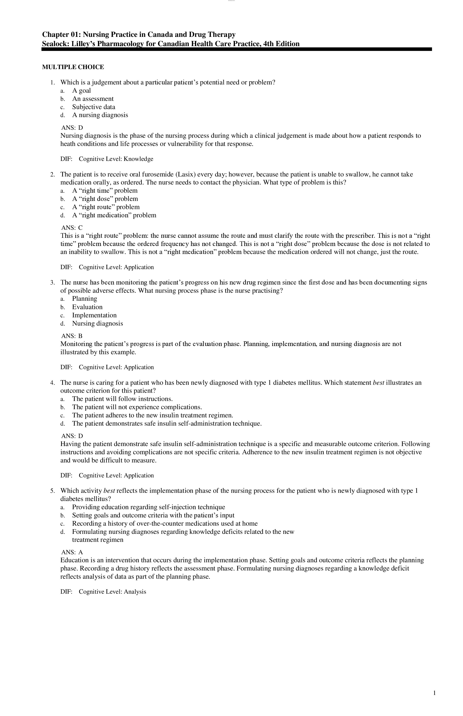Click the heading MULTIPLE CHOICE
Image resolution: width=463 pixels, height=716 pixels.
click(x=73, y=67)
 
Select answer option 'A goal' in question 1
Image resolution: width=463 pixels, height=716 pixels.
click(x=81, y=91)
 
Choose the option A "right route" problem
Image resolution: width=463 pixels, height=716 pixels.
click(x=106, y=207)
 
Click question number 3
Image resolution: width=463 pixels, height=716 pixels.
click(x=52, y=282)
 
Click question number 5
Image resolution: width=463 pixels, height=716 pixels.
click(x=52, y=491)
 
